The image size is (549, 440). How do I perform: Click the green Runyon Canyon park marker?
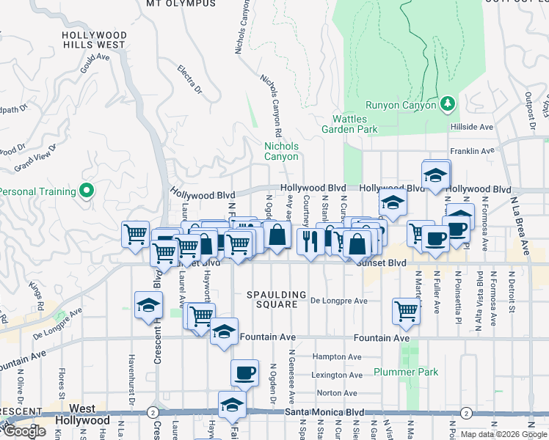(447, 104)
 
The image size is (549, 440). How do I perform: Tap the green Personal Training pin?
(87, 192)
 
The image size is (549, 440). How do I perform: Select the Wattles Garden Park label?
(349, 124)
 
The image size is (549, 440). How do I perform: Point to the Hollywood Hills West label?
(93, 40)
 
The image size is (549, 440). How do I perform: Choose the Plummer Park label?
(405, 373)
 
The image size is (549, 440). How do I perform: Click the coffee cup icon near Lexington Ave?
(244, 373)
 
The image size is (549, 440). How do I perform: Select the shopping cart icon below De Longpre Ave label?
(405, 310)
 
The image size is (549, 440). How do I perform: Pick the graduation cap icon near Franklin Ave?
(436, 175)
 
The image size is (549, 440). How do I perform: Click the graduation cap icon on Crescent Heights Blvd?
(148, 306)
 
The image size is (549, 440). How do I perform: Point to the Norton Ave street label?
(337, 393)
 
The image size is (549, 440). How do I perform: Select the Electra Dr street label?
(189, 80)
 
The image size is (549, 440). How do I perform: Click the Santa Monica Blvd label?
(324, 413)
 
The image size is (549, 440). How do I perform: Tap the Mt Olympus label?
(181, 4)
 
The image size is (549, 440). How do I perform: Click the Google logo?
(25, 431)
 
